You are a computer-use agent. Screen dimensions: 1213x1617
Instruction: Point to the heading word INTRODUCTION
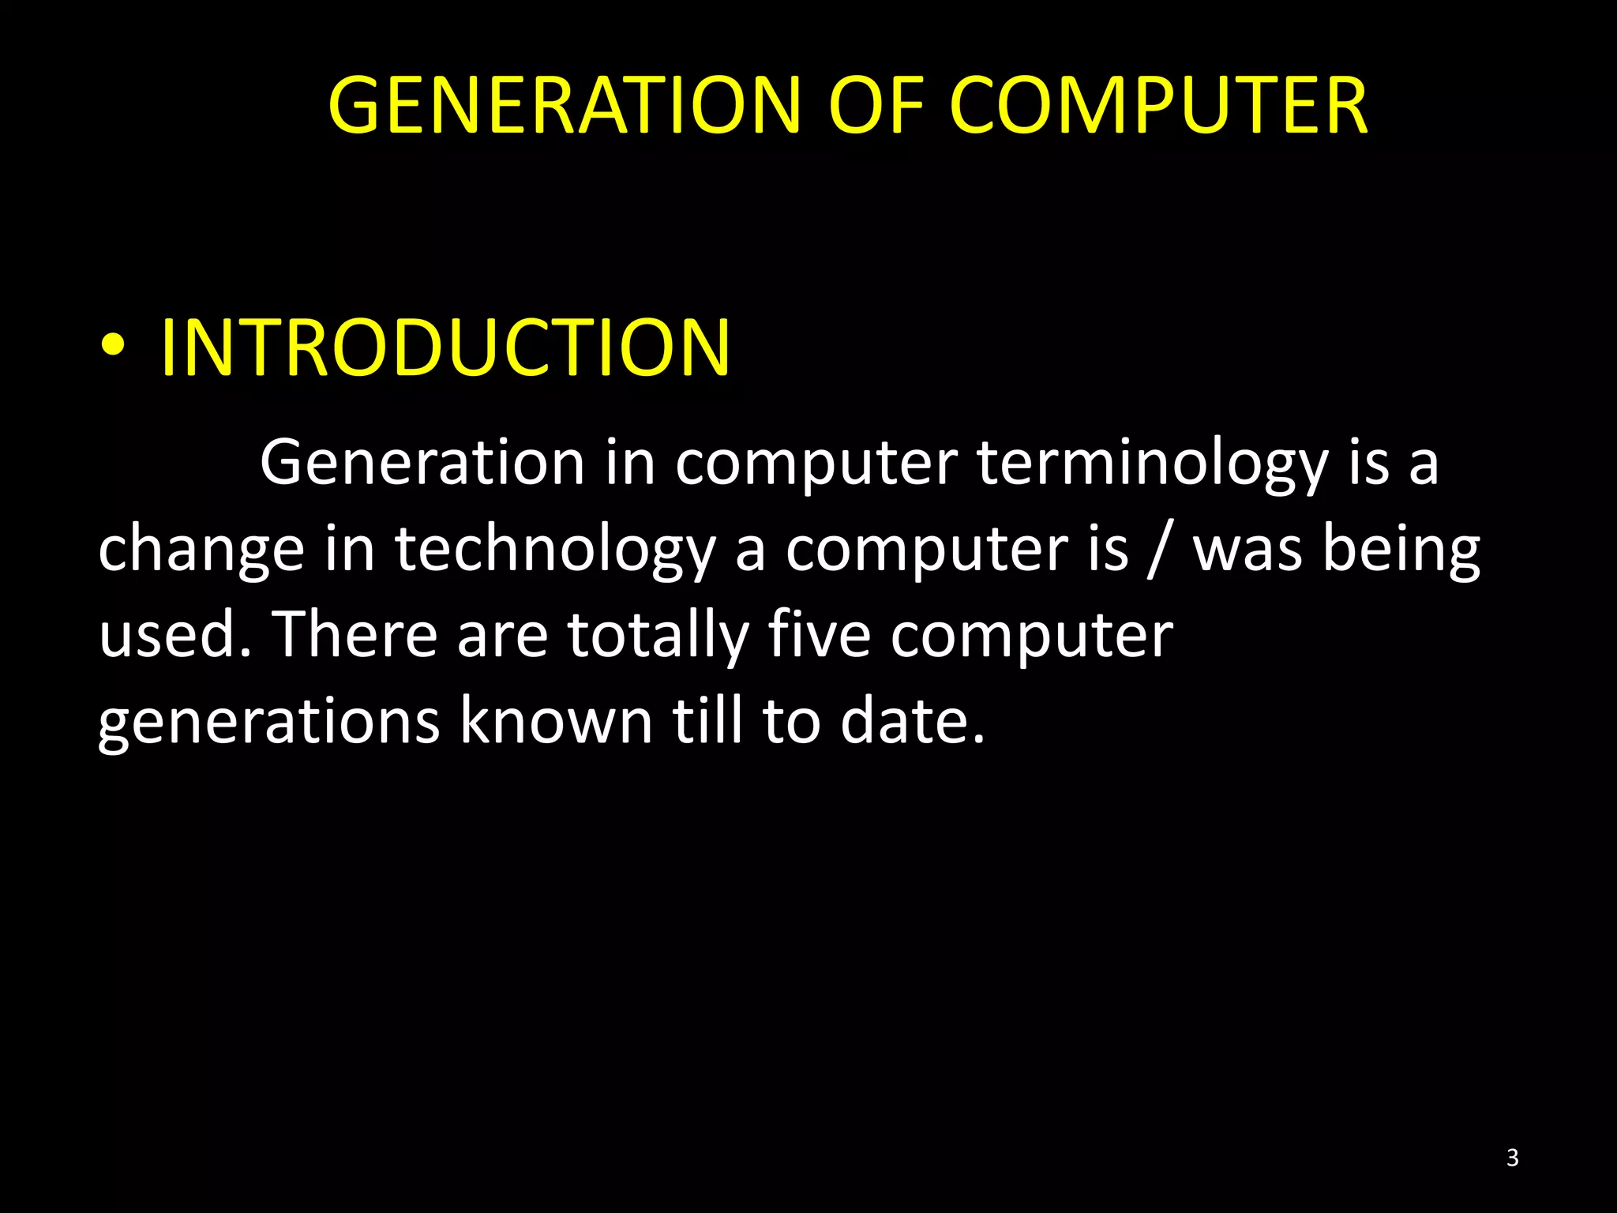point(445,347)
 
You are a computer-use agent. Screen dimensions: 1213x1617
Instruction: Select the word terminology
point(1153,464)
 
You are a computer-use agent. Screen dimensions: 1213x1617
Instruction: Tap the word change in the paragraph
point(201,551)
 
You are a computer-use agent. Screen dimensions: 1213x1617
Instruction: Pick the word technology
point(555,551)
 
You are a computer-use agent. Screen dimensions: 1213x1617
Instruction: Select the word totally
point(658,637)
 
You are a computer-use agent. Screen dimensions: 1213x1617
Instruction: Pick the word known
point(556,720)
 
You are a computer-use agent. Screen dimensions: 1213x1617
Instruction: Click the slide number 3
point(1512,1158)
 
